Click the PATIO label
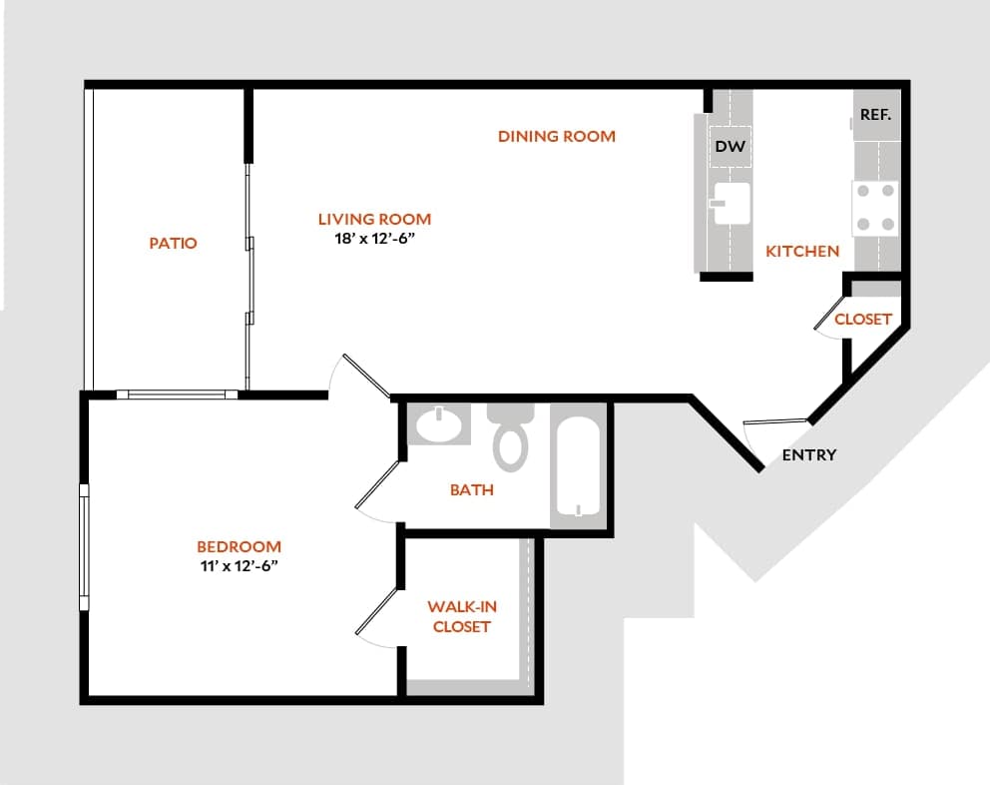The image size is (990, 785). pyautogui.click(x=173, y=243)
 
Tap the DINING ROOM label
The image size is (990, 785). pyautogui.click(x=557, y=136)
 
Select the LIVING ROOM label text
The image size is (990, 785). pyautogui.click(x=374, y=219)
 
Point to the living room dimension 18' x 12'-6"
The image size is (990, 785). pyautogui.click(x=374, y=240)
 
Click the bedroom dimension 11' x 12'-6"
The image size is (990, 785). pyautogui.click(x=239, y=566)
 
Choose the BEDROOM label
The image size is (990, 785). pyautogui.click(x=239, y=546)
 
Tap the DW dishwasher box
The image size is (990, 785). pyautogui.click(x=731, y=147)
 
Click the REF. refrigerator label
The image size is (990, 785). pyautogui.click(x=875, y=115)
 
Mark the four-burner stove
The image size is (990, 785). pyautogui.click(x=874, y=207)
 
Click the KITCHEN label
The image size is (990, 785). pyautogui.click(x=802, y=252)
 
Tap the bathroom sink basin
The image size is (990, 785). pyautogui.click(x=438, y=426)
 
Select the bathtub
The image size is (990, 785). pyautogui.click(x=578, y=465)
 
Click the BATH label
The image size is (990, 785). pyautogui.click(x=471, y=490)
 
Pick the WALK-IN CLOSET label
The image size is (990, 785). pyautogui.click(x=462, y=616)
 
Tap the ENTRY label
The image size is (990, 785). pyautogui.click(x=809, y=455)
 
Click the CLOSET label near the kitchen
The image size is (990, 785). pyautogui.click(x=862, y=320)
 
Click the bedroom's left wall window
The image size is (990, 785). pyautogui.click(x=84, y=547)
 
